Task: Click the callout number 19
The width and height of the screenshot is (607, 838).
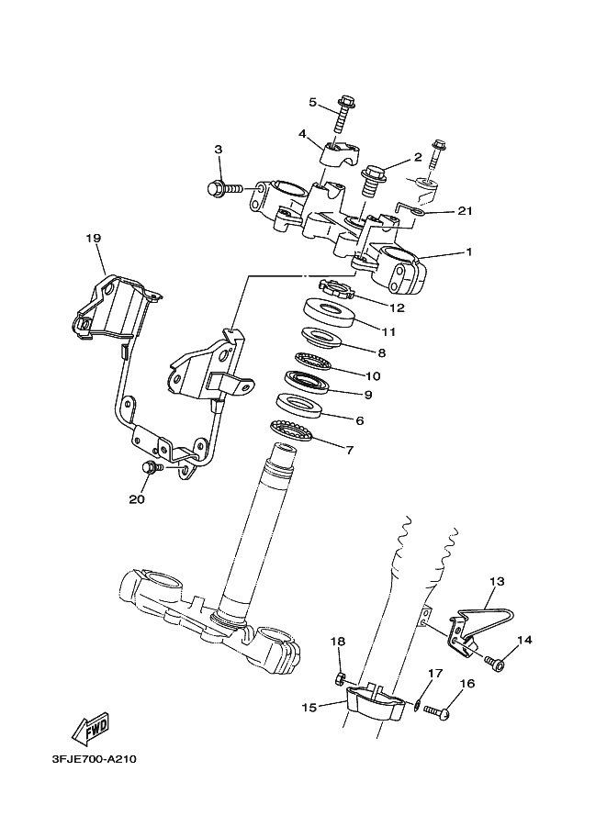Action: (x=93, y=239)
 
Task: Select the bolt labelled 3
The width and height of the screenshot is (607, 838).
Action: (x=223, y=188)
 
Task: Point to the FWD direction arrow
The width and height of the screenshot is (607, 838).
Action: (x=91, y=729)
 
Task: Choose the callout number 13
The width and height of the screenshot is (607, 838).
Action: (x=498, y=582)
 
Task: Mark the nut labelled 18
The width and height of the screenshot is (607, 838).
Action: (x=339, y=679)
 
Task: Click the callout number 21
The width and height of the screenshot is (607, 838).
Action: (x=465, y=212)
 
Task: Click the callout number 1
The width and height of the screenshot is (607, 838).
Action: (x=467, y=251)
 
